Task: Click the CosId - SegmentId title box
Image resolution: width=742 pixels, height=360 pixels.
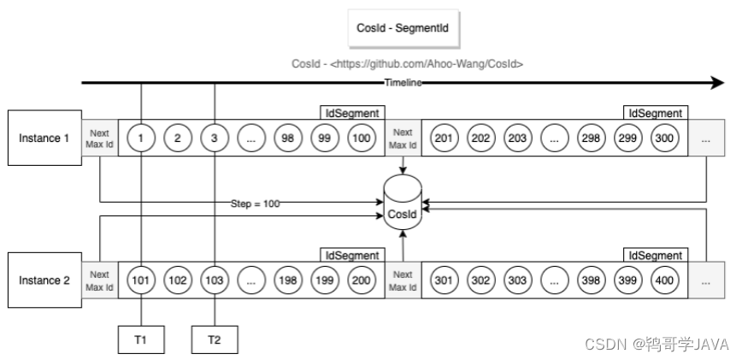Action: pyautogui.click(x=403, y=28)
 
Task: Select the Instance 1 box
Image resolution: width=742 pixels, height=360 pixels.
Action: pyautogui.click(x=44, y=139)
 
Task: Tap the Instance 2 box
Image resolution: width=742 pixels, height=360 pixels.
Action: pyautogui.click(x=44, y=280)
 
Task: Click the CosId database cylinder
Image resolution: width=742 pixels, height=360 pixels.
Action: pyautogui.click(x=403, y=202)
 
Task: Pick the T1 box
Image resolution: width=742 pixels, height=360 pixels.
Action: pyautogui.click(x=141, y=339)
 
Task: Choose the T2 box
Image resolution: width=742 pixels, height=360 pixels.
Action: pyautogui.click(x=215, y=339)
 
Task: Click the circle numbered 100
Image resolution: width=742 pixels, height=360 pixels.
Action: pyautogui.click(x=362, y=139)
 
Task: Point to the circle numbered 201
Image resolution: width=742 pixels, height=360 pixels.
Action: pyautogui.click(x=444, y=139)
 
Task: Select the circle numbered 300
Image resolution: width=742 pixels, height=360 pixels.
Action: pyautogui.click(x=664, y=139)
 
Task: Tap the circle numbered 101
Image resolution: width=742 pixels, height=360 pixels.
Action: pyautogui.click(x=141, y=280)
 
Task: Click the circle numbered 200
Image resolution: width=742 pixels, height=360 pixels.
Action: pyautogui.click(x=362, y=280)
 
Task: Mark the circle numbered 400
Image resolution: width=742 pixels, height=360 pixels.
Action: pyautogui.click(x=664, y=280)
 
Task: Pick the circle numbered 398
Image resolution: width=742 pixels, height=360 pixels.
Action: pyautogui.click(x=591, y=280)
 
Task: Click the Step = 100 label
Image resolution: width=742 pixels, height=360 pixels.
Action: pyautogui.click(x=255, y=204)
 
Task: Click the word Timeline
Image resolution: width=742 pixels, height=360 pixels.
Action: pyautogui.click(x=403, y=83)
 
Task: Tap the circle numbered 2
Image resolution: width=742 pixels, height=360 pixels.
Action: pyautogui.click(x=178, y=139)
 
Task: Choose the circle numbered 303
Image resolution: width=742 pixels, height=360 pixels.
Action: pyautogui.click(x=517, y=280)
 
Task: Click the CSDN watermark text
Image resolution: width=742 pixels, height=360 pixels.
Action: pyautogui.click(x=657, y=344)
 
